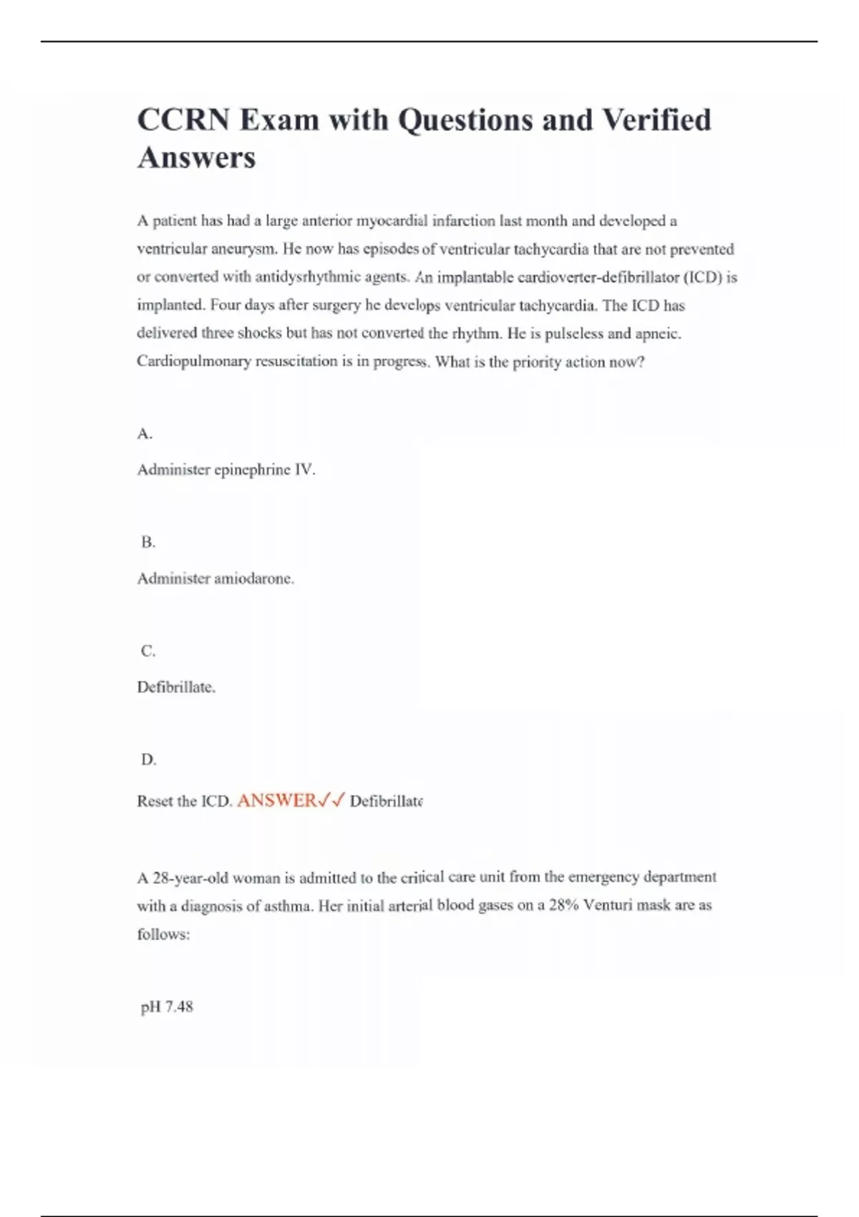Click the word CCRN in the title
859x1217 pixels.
tap(183, 120)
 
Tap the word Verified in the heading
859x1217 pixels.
tap(656, 120)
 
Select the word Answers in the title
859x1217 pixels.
tap(196, 157)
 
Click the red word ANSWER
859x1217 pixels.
tap(276, 800)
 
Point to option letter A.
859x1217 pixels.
tap(145, 434)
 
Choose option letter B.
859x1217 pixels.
tap(148, 542)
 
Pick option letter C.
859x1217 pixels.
tap(148, 651)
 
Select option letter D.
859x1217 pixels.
tap(148, 760)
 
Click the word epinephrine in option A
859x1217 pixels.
tap(253, 470)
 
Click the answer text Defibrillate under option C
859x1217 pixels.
tap(176, 687)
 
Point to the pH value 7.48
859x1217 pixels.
tap(179, 1007)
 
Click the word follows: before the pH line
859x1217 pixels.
tap(163, 934)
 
